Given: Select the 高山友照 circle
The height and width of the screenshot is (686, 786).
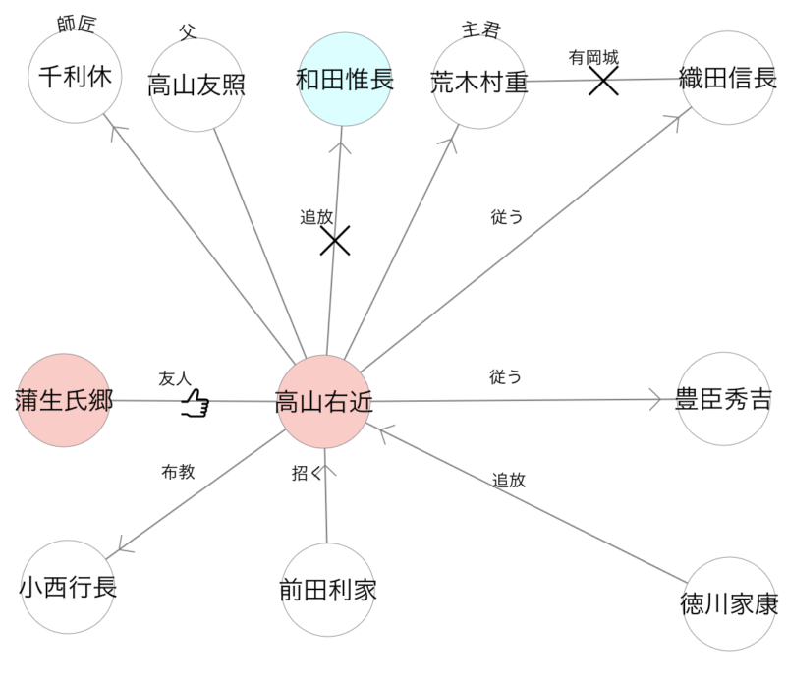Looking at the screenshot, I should (196, 85).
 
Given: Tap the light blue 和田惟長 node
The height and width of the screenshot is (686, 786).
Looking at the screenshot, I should (345, 80).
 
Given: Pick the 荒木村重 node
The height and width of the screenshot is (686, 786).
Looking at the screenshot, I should (479, 82).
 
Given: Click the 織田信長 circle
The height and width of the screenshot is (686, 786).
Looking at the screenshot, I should (728, 79).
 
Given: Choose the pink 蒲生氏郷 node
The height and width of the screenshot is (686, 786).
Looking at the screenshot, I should (65, 400).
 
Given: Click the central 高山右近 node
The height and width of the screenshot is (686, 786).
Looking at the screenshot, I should (324, 401).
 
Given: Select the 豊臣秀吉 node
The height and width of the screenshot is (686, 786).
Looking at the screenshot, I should (723, 399).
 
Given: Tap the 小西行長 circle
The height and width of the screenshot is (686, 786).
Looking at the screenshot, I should (68, 587).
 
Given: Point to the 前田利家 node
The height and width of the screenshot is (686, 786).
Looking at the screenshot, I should (328, 590).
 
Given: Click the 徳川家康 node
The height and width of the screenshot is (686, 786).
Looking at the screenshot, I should (728, 603).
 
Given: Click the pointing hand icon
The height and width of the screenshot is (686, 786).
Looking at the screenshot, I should (196, 402).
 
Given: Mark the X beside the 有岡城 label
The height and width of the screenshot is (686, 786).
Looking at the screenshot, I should (603, 81).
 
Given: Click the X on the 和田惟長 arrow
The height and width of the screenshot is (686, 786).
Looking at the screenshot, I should (336, 239).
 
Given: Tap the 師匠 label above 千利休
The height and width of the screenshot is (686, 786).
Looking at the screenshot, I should (76, 25).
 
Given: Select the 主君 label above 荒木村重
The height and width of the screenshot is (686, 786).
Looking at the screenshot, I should (480, 29).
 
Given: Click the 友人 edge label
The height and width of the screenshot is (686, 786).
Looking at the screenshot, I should (174, 378).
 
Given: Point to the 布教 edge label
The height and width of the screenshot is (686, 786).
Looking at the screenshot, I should (178, 472).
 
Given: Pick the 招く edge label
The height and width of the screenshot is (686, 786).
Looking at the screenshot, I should (307, 474).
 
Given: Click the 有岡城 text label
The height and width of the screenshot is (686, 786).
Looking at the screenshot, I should (592, 58).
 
